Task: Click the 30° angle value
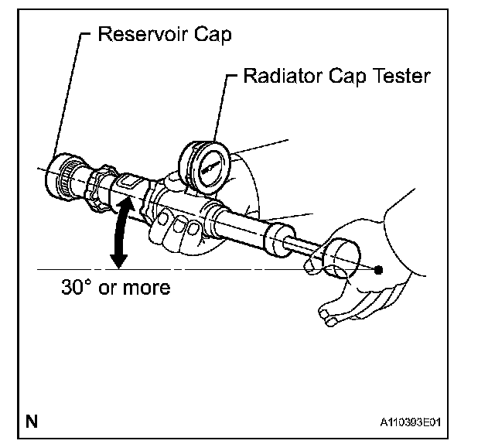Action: tap(77, 288)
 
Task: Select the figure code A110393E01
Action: tap(414, 423)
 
